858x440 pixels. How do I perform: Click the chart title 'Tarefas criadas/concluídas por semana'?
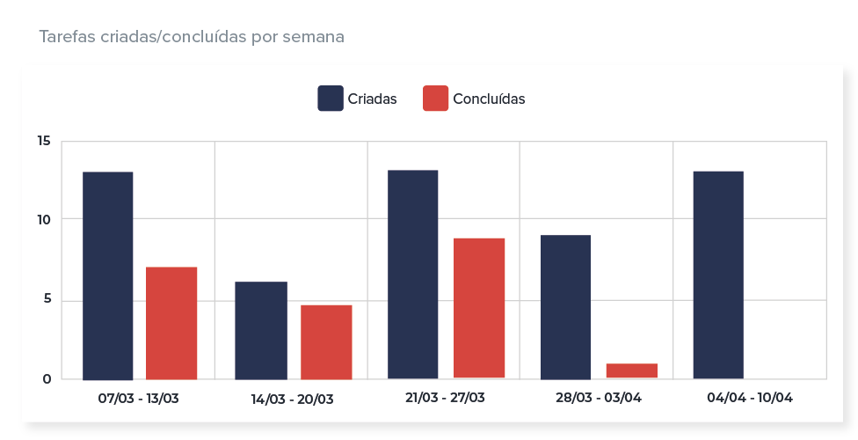pyautogui.click(x=191, y=37)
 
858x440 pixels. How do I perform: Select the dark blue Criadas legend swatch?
pyautogui.click(x=330, y=99)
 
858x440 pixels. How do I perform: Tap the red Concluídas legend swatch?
pyautogui.click(x=435, y=99)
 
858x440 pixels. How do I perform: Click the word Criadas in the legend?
pyautogui.click(x=372, y=99)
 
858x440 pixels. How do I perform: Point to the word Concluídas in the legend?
pyautogui.click(x=489, y=99)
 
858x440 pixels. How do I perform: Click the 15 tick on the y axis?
pyautogui.click(x=44, y=142)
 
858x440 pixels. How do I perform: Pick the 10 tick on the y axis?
pyautogui.click(x=44, y=219)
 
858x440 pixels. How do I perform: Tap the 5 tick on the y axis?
pyautogui.click(x=47, y=299)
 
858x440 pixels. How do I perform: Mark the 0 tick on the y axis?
pyautogui.click(x=47, y=379)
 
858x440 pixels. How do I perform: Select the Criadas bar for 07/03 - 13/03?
pyautogui.click(x=107, y=275)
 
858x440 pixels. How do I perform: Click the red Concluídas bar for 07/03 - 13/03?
pyautogui.click(x=171, y=323)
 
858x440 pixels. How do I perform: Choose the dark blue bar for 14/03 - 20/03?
pyautogui.click(x=261, y=331)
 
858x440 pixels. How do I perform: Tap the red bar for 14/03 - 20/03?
pyautogui.click(x=326, y=342)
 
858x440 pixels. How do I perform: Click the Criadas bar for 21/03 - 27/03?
pyautogui.click(x=412, y=275)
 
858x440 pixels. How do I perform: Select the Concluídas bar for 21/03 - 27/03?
pyautogui.click(x=479, y=308)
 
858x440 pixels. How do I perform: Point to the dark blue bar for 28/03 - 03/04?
pyautogui.click(x=565, y=307)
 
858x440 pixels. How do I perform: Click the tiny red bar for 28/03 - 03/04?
pyautogui.click(x=631, y=371)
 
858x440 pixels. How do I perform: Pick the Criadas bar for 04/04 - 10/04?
pyautogui.click(x=718, y=275)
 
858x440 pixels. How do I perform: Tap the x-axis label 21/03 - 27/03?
pyautogui.click(x=445, y=398)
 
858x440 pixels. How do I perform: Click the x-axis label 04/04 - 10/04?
pyautogui.click(x=750, y=398)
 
